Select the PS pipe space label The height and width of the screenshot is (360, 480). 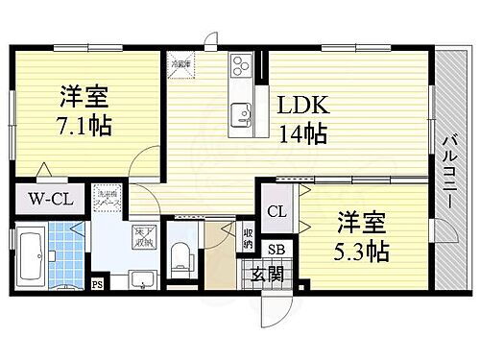pos(97,284)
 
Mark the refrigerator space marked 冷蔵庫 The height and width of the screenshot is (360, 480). pos(179,64)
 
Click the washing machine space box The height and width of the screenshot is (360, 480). pos(107,207)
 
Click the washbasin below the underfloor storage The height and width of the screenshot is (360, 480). pos(141,280)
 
